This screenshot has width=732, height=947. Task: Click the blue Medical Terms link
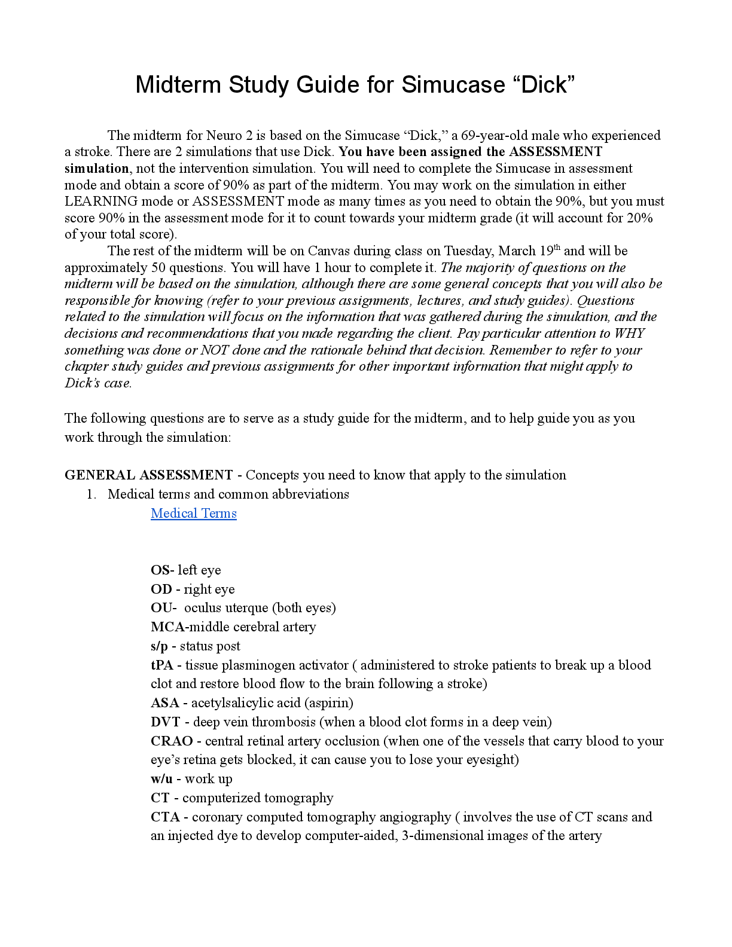(x=193, y=514)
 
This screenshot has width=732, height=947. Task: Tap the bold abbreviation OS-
(x=162, y=570)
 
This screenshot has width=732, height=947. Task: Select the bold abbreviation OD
(x=160, y=589)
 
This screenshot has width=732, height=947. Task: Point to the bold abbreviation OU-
(x=163, y=608)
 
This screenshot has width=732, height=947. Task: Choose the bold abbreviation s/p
(x=159, y=646)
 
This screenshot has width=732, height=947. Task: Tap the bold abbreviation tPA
(x=161, y=665)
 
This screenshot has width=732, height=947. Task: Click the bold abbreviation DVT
(x=165, y=722)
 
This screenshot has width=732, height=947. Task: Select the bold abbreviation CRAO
(x=172, y=741)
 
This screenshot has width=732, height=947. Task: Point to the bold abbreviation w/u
(x=161, y=779)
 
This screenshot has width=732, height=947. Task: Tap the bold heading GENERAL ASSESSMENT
(x=148, y=475)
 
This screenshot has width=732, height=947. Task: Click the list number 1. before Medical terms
(x=91, y=494)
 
